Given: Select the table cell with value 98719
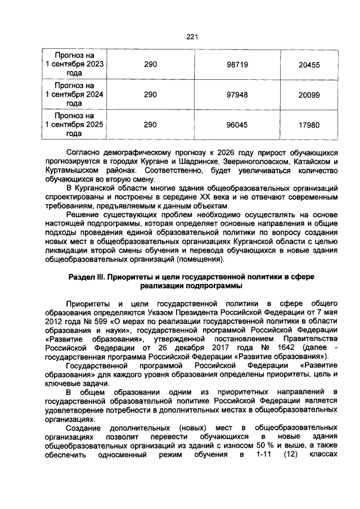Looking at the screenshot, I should point(237,65).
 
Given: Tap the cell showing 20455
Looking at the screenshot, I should point(309,65).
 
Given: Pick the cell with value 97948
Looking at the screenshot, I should point(237,95).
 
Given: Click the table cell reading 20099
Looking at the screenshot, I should point(309,95).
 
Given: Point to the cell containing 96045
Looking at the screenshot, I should point(237,125).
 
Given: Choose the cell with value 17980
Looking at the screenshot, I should point(309,125).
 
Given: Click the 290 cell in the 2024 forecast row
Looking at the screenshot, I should point(150,95).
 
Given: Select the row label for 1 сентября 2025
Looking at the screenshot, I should point(74,125).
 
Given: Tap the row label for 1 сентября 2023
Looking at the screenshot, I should point(74,64).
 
